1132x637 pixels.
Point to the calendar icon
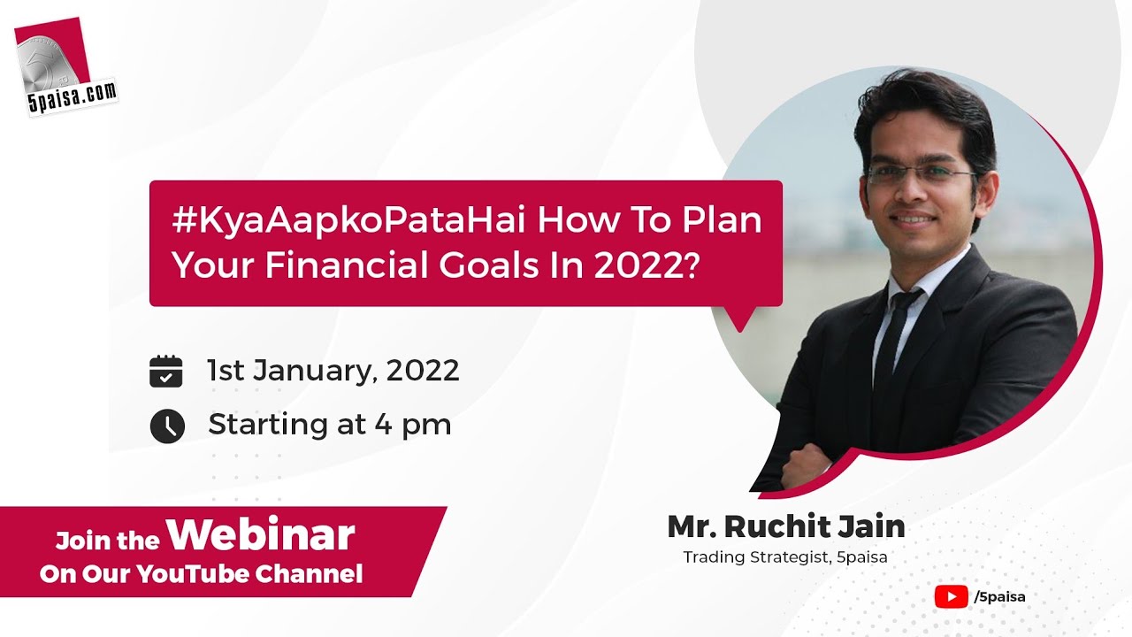(x=166, y=371)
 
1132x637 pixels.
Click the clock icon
(x=167, y=426)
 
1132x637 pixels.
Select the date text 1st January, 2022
(x=333, y=370)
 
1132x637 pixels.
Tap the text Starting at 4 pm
(x=330, y=425)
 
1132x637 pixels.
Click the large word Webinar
(x=260, y=534)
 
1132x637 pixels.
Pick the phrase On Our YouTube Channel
(x=202, y=574)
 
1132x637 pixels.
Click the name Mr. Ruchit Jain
(x=785, y=526)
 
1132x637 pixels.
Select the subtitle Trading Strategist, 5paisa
(x=785, y=557)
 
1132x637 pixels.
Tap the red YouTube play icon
(x=951, y=596)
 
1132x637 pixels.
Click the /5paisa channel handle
(x=999, y=596)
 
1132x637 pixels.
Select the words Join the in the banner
(x=108, y=540)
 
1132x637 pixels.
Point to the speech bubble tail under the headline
(x=739, y=316)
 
